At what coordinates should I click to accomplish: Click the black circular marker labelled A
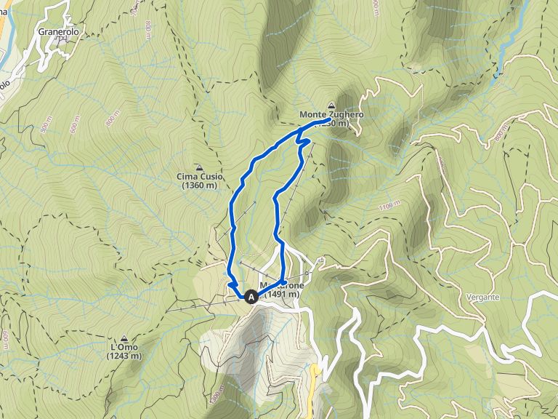251,297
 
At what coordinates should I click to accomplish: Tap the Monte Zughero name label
331,115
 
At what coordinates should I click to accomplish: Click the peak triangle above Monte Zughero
332,105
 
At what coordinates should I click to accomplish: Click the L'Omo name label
124,348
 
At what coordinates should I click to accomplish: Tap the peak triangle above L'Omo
124,338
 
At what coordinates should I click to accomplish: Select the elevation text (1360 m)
200,185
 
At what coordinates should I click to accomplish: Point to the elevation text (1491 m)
282,295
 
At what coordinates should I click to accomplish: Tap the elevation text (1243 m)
124,356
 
